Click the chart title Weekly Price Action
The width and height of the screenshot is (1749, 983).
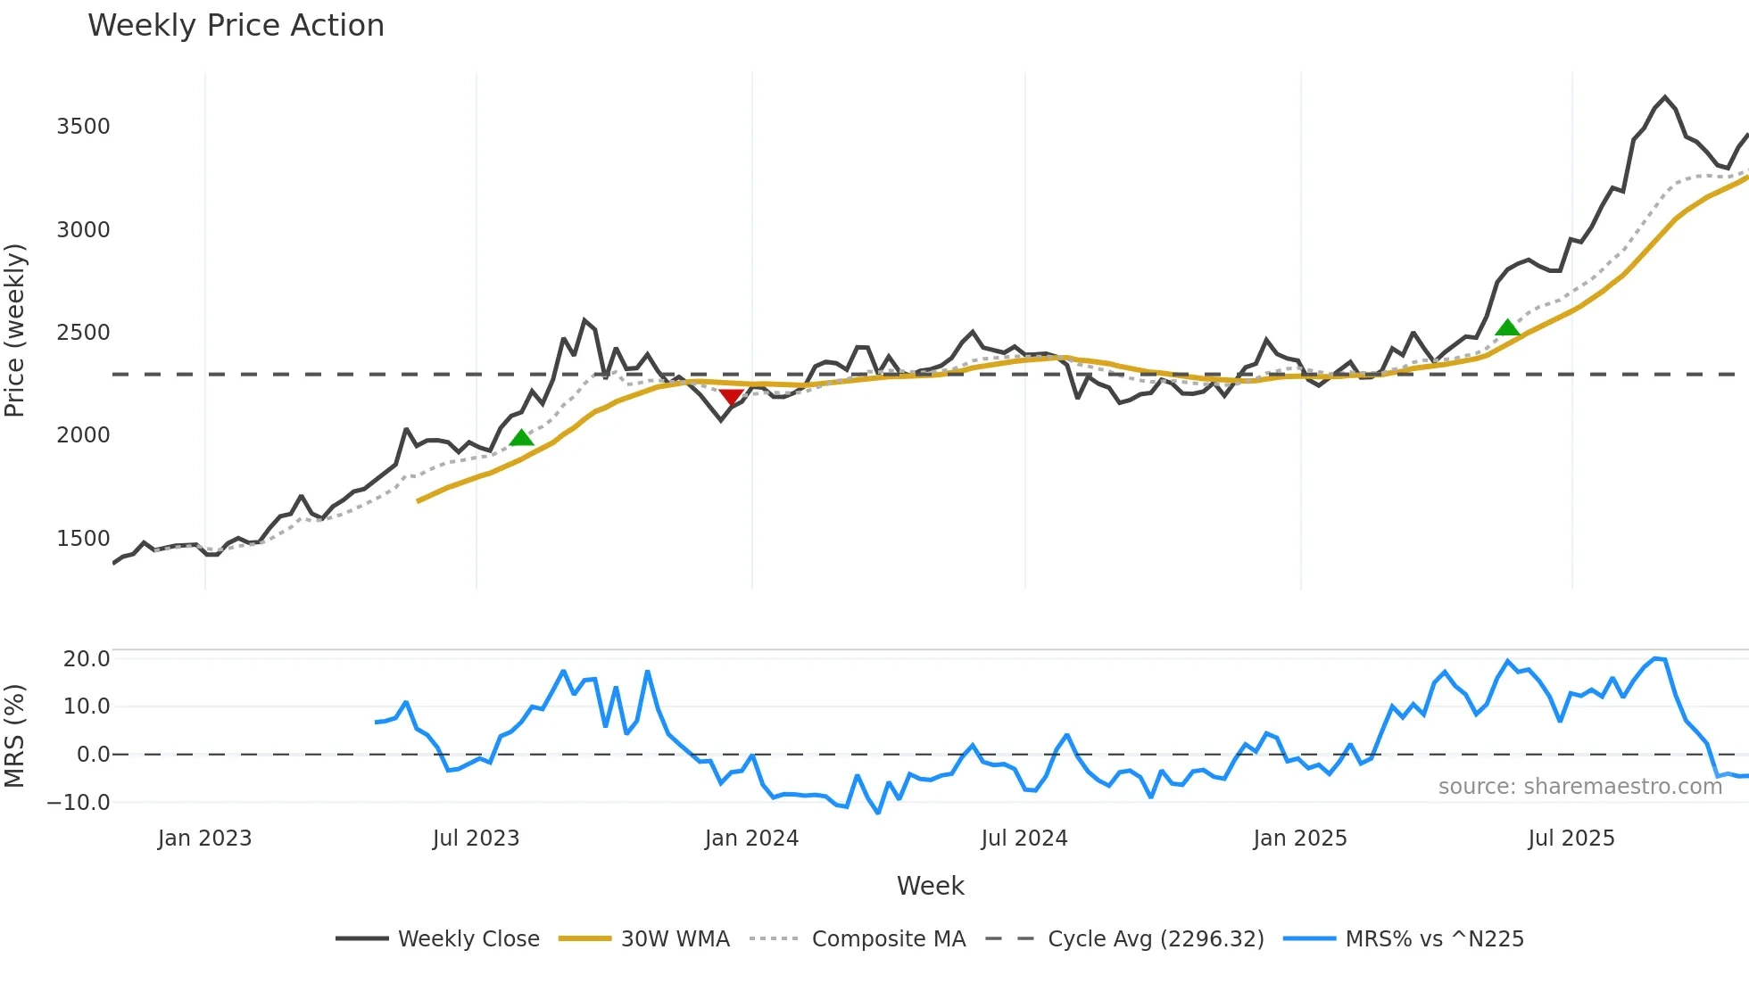tap(236, 26)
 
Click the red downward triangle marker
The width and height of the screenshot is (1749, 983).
tap(731, 397)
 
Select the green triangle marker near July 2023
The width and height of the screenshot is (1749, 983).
tap(521, 437)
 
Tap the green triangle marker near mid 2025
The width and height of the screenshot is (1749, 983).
tap(1507, 327)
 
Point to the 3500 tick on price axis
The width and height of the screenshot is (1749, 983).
tap(83, 127)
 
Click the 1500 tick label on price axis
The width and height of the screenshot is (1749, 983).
tap(83, 539)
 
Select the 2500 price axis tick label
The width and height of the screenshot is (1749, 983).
tap(83, 333)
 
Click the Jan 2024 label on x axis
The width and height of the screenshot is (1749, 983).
tap(751, 838)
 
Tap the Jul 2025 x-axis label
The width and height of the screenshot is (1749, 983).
tap(1571, 838)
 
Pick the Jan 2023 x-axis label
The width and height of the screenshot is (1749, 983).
tap(204, 838)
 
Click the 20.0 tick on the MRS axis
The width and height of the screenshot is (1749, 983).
tap(87, 659)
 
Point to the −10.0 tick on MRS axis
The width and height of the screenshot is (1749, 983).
tap(79, 802)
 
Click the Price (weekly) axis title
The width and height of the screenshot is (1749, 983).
tap(15, 330)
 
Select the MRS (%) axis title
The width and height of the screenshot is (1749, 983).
tap(15, 736)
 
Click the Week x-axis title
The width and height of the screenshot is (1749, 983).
tap(930, 886)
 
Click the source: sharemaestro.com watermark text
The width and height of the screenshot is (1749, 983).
tap(1579, 787)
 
